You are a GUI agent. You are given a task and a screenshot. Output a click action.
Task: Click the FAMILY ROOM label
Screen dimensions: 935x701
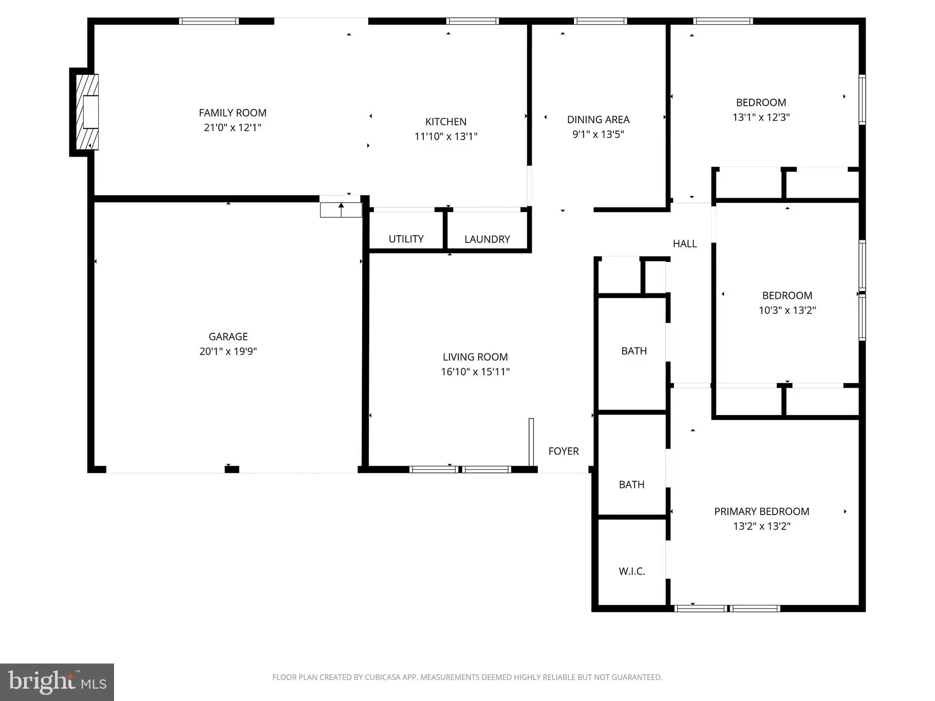point(233,113)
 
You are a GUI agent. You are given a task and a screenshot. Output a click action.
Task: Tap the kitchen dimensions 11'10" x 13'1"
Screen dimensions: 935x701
point(446,137)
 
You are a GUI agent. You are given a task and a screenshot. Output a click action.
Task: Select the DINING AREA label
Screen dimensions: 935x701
point(598,120)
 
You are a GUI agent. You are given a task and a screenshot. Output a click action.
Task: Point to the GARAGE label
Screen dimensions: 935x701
point(228,337)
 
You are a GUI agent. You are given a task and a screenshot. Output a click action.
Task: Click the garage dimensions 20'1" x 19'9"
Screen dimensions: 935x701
point(228,352)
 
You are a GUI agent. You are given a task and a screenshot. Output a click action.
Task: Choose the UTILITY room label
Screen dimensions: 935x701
point(406,239)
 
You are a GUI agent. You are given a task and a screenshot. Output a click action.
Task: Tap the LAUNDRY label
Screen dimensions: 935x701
point(487,239)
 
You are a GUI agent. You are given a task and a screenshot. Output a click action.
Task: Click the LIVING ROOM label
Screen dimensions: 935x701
point(475,357)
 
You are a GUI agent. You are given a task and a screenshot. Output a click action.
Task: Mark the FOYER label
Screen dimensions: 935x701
point(564,451)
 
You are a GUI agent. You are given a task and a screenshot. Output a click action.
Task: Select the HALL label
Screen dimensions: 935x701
point(685,244)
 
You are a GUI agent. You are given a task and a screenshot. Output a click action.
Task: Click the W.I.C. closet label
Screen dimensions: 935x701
point(632,572)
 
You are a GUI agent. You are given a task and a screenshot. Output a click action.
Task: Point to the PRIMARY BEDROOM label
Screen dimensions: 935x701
point(761,511)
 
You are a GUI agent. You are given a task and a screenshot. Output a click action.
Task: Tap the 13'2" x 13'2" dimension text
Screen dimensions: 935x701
point(761,526)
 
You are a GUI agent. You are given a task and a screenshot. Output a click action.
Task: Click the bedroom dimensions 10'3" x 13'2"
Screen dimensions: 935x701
point(787,310)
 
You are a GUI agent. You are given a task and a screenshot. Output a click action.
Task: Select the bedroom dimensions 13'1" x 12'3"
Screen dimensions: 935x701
point(761,117)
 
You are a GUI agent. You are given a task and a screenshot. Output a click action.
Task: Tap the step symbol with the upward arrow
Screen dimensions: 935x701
point(341,210)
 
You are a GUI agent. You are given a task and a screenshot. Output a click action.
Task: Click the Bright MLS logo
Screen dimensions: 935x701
point(57,682)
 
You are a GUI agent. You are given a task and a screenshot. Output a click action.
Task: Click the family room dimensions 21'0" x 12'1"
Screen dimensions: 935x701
point(233,128)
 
